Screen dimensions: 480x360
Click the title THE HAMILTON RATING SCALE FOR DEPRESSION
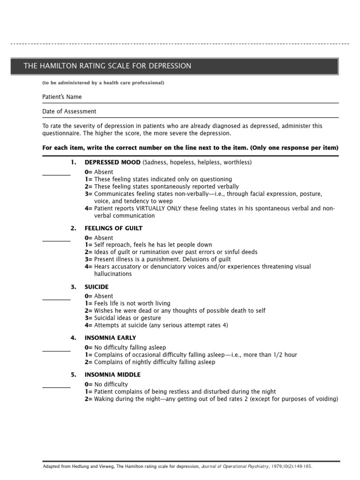coord(107,66)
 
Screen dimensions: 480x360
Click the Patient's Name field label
coord(62,97)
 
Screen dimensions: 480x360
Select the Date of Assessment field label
coord(69,112)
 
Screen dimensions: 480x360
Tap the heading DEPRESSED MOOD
coord(112,162)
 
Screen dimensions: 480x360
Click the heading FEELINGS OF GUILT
coord(113,228)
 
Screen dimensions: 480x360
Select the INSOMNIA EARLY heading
coord(110,338)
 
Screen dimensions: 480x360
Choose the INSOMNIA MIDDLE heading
coord(112,375)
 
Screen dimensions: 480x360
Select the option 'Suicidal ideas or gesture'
coord(127,318)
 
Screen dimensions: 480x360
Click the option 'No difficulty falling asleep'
coord(130,347)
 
